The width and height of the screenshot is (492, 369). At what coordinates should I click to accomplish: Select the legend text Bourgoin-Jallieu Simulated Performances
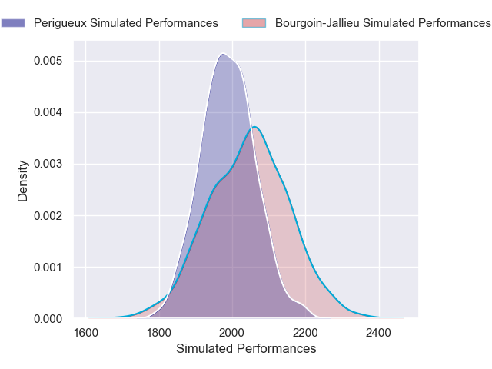[x=382, y=23]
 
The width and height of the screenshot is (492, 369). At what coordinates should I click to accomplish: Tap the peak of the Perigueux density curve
[x=223, y=53]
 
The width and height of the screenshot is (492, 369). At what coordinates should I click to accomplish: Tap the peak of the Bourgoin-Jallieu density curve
[x=254, y=127]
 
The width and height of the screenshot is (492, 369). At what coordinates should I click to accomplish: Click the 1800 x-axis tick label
[x=158, y=333]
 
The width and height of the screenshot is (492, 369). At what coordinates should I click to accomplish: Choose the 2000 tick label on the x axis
[x=232, y=333]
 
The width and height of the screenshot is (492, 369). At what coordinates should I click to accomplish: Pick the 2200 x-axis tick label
[x=305, y=333]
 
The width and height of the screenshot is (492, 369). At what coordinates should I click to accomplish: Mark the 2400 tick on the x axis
[x=378, y=333]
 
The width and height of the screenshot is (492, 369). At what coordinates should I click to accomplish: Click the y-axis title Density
[x=23, y=181]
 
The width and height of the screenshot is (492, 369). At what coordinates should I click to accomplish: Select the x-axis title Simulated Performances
[x=246, y=349]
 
